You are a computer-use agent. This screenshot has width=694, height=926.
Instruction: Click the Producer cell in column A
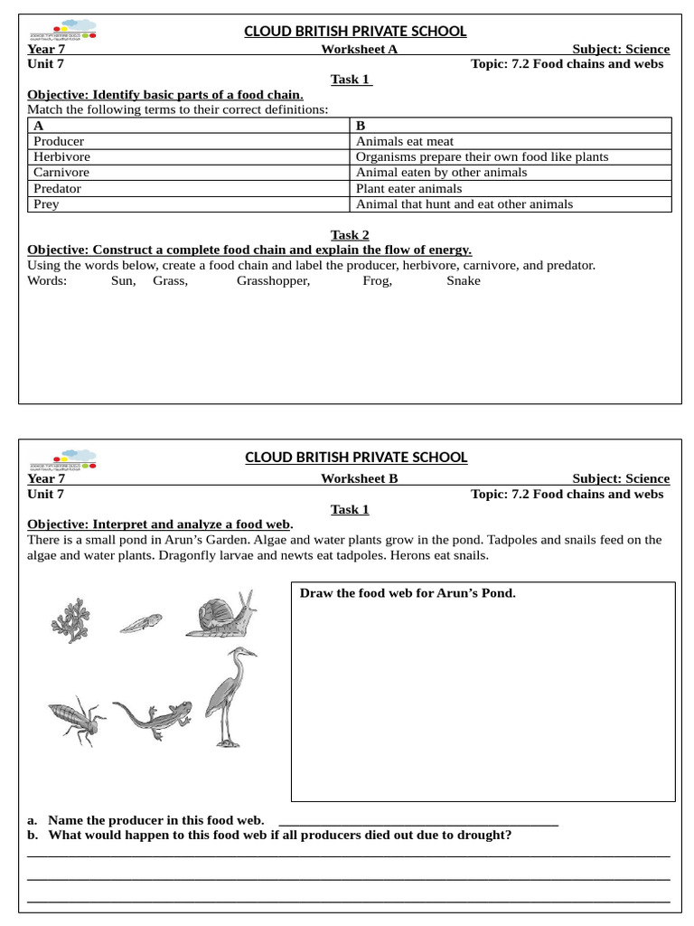[59, 141]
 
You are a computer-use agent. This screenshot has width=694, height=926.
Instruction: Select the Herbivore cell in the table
[62, 156]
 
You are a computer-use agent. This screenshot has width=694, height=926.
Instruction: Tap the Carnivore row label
[61, 172]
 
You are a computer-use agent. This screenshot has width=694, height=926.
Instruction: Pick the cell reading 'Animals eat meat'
[405, 141]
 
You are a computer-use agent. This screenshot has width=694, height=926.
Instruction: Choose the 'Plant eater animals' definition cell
[408, 188]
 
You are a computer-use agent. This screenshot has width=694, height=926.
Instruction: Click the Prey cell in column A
[46, 203]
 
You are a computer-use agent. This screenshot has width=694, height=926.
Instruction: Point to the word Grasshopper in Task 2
[273, 280]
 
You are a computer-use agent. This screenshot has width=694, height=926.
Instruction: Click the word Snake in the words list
[464, 280]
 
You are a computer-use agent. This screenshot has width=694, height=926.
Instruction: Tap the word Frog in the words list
[378, 280]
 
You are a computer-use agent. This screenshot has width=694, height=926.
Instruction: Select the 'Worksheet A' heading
[359, 49]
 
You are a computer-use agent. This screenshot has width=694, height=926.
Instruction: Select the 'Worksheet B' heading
[359, 478]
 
